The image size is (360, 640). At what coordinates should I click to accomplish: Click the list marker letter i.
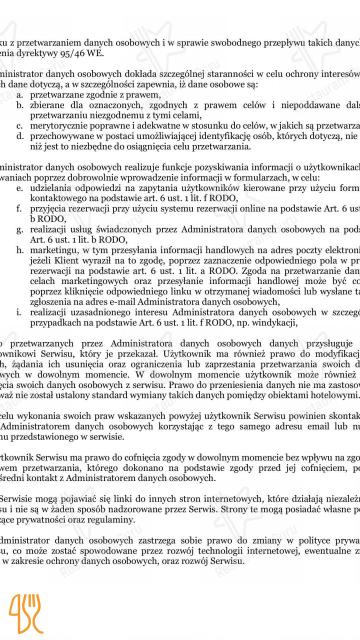[19, 312]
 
